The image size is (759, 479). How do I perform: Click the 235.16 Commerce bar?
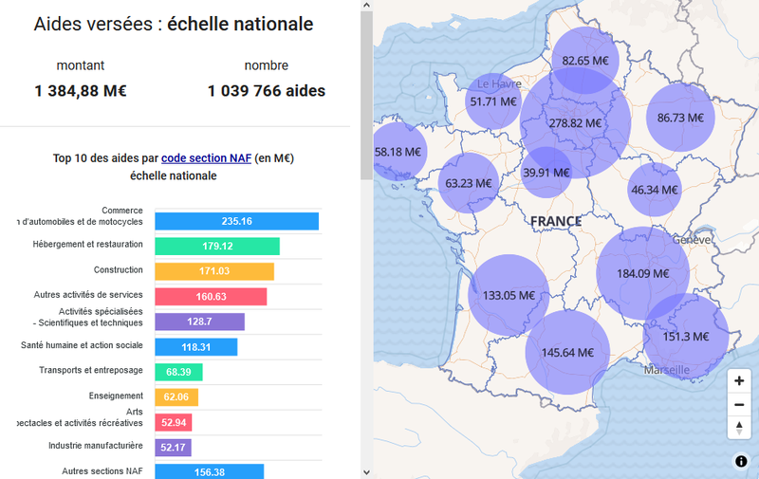click(236, 221)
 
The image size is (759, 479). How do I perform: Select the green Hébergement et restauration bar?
click(217, 246)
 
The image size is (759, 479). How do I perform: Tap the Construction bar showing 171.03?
click(214, 271)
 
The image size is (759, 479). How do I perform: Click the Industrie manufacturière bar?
click(174, 447)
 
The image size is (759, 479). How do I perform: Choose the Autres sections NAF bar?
click(209, 471)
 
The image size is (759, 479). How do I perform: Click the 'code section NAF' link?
click(206, 158)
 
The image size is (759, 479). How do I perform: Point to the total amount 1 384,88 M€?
click(81, 91)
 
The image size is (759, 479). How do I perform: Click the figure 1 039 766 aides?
click(267, 91)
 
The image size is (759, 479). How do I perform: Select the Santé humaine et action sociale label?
click(83, 345)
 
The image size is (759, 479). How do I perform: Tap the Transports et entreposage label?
click(91, 370)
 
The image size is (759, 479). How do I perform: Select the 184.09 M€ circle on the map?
click(642, 273)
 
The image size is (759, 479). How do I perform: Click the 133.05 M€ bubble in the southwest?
click(509, 295)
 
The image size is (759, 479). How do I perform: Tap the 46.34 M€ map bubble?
click(655, 190)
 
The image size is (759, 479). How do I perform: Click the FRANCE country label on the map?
click(556, 221)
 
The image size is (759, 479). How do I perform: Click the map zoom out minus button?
click(739, 404)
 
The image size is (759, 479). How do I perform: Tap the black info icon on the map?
click(741, 462)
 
